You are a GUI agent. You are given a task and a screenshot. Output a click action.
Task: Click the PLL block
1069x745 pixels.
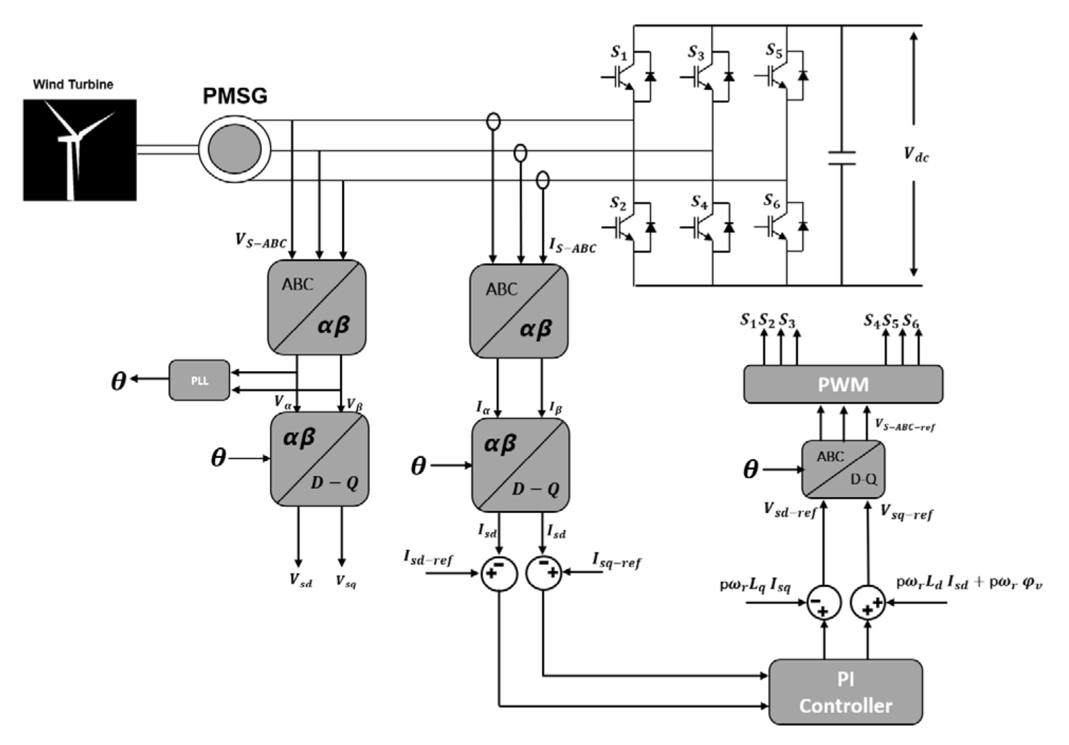point(199,380)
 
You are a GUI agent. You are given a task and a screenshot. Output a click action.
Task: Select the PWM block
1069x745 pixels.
point(842,384)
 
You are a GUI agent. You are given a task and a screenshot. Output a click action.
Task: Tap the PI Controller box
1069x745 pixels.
point(845,692)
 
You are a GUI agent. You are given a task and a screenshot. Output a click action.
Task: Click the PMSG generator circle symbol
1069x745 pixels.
point(234,149)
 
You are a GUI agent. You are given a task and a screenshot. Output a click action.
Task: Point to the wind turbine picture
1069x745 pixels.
point(79,150)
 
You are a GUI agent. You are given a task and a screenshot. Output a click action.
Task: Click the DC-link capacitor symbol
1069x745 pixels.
point(841,158)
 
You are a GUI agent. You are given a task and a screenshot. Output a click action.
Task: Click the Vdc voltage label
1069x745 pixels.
point(916,155)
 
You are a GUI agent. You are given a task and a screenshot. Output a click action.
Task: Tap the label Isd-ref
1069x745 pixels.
point(428,558)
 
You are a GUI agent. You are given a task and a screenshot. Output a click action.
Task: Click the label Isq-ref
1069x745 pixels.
point(617,560)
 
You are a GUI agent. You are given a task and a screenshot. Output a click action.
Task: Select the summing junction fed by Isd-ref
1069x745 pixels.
point(499,573)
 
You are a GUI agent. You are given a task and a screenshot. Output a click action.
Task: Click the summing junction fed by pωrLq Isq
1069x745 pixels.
point(823,603)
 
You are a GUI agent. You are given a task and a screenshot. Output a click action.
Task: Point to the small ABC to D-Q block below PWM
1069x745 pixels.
point(842,469)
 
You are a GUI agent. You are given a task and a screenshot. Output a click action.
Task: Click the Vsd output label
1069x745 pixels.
point(301,580)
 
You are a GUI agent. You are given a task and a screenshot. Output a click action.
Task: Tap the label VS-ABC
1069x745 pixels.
point(260,241)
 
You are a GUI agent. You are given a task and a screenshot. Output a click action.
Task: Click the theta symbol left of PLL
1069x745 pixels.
point(118,380)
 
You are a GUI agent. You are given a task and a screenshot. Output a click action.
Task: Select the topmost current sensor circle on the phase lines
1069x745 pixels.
point(493,121)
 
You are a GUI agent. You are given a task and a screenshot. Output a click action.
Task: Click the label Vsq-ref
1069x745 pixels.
point(906,512)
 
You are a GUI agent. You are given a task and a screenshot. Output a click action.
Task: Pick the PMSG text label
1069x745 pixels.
point(235,96)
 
